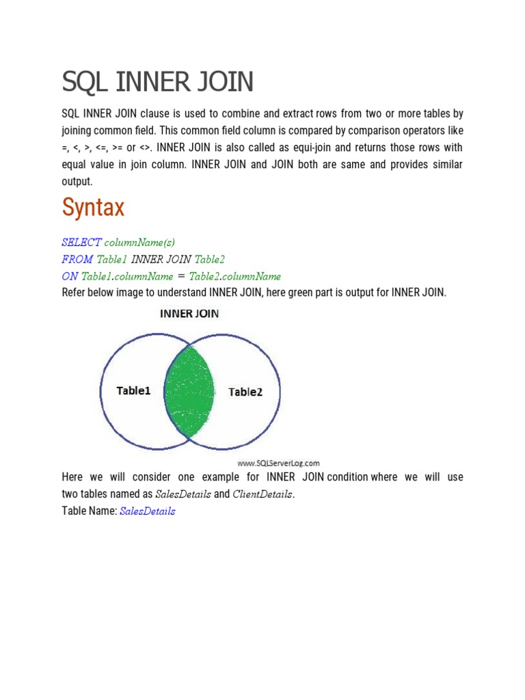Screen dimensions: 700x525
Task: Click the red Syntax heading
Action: pyautogui.click(x=93, y=207)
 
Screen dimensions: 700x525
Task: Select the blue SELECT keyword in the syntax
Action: pyautogui.click(x=81, y=242)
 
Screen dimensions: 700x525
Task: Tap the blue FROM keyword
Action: pyautogui.click(x=77, y=259)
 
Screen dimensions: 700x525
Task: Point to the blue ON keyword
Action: pyautogui.click(x=70, y=276)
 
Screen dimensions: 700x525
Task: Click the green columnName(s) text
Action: pyautogui.click(x=139, y=242)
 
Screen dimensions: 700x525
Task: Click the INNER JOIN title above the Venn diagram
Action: pyautogui.click(x=189, y=314)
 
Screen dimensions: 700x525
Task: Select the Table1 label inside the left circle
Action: pyautogui.click(x=134, y=391)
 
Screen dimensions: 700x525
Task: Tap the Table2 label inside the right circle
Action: pyautogui.click(x=245, y=392)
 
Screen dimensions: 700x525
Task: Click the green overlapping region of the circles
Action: pyautogui.click(x=189, y=392)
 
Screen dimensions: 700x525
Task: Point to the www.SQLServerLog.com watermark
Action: pyautogui.click(x=278, y=463)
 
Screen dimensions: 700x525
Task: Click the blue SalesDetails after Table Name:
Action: pyautogui.click(x=147, y=511)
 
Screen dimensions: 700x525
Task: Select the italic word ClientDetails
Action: pyautogui.click(x=262, y=494)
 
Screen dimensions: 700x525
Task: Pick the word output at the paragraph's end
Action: pyautogui.click(x=76, y=182)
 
